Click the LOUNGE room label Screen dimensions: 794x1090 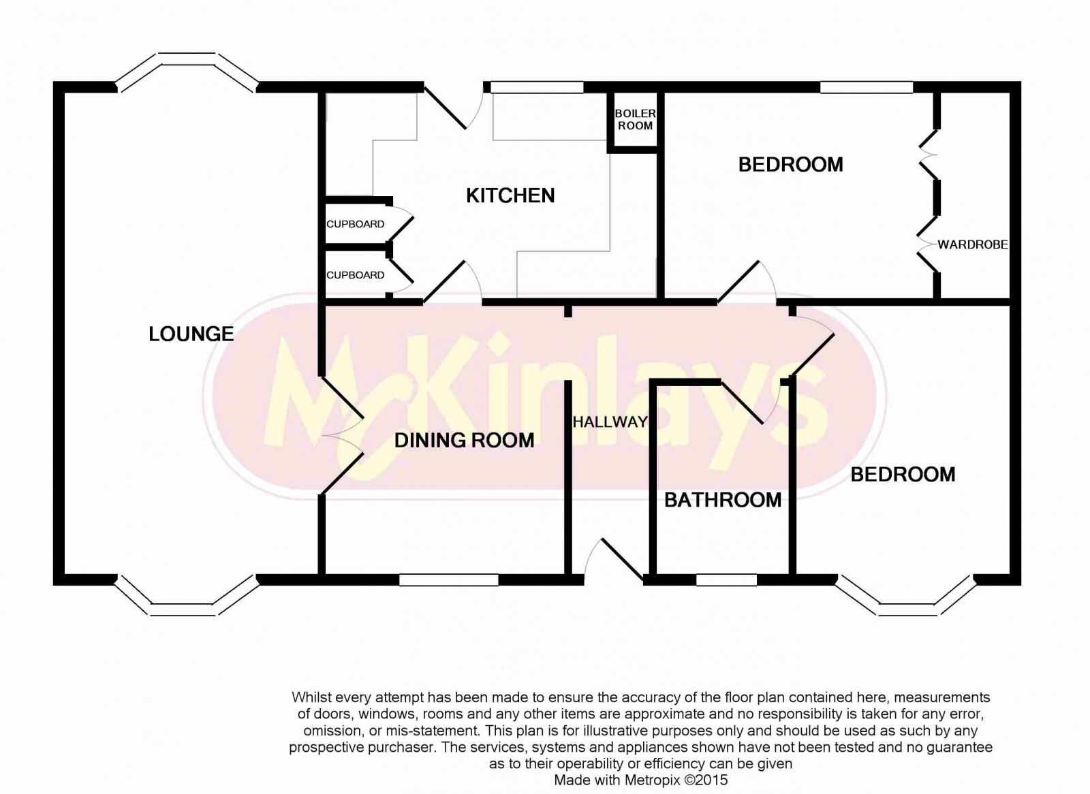(191, 334)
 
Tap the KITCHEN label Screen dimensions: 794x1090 (510, 195)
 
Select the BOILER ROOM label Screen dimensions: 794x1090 (635, 119)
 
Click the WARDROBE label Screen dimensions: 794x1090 (972, 244)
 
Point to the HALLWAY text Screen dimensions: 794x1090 (610, 422)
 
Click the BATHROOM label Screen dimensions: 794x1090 (723, 500)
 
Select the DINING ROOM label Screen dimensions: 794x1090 (464, 440)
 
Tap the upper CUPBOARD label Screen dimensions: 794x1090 (355, 224)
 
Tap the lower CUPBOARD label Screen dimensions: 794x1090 (355, 275)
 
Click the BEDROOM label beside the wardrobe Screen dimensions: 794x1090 (790, 164)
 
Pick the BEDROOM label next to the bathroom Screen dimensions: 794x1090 (903, 474)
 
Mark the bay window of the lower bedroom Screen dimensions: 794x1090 (905, 603)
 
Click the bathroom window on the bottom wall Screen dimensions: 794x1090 (726, 580)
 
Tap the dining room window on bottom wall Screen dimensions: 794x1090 (448, 580)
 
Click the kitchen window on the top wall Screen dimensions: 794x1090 (537, 87)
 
